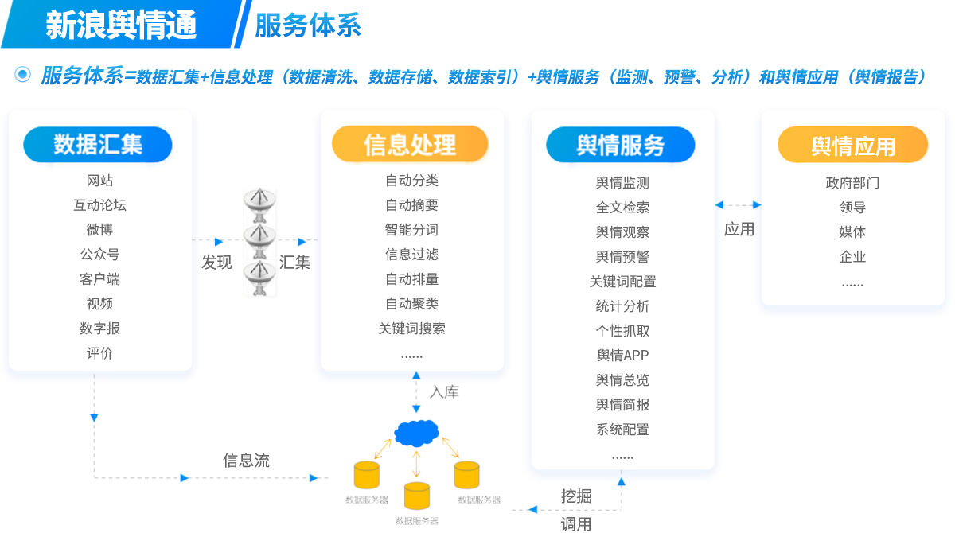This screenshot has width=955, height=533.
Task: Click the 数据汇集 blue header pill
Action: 98,144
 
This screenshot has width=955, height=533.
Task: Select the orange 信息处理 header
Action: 410,144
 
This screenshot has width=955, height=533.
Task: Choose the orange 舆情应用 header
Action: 852,146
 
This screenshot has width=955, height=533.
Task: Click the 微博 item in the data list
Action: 99,230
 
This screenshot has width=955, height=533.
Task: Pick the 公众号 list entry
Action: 99,255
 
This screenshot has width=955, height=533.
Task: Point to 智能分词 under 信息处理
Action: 411,230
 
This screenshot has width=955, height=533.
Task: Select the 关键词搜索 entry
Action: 411,329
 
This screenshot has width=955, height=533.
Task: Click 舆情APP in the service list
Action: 622,356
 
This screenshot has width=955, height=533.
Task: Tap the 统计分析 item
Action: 622,306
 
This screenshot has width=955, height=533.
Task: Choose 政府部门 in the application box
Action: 852,183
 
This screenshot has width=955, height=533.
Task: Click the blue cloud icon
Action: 416,433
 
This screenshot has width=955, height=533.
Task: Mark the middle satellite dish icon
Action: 261,236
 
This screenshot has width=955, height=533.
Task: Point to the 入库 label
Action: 444,391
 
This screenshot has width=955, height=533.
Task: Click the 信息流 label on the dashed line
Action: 246,460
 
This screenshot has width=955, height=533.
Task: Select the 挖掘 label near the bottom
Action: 576,496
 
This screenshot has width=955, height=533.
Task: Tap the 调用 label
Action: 576,523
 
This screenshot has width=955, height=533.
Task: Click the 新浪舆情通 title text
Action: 121,25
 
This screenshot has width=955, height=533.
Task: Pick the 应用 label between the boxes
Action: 739,229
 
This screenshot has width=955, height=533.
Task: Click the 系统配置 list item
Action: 622,430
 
